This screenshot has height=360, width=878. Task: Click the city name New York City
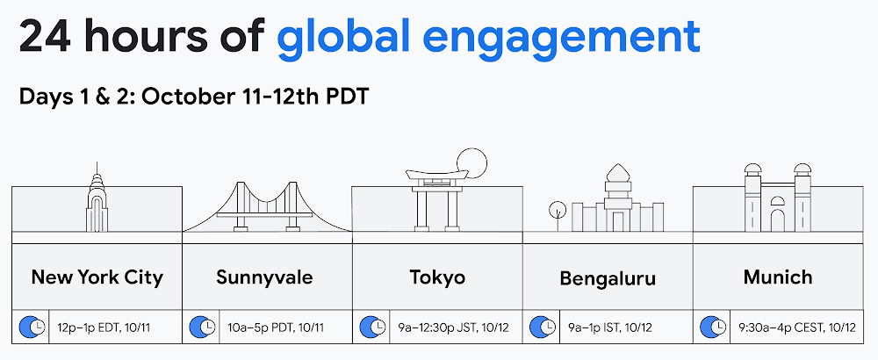[97, 277]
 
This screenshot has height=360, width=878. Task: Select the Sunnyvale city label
[264, 277]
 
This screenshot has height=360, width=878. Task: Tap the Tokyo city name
[437, 277]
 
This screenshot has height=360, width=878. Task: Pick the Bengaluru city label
[608, 279]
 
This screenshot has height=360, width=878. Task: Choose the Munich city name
[778, 277]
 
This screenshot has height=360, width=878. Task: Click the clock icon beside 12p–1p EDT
[32, 327]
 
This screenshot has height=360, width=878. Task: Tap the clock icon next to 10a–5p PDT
[202, 327]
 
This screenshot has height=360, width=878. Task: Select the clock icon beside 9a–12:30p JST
[372, 327]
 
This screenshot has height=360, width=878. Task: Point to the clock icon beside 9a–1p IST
[543, 327]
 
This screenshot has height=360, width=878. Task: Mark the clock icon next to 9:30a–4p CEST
[713, 327]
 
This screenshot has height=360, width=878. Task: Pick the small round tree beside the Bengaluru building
[557, 210]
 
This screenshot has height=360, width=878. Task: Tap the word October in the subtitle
[184, 96]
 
